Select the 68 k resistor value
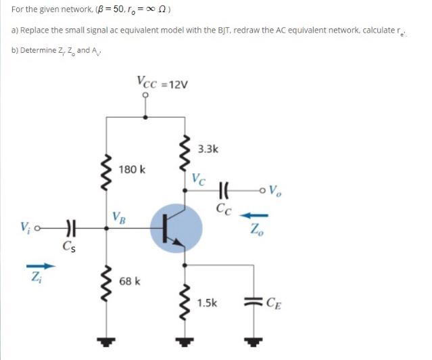[x=129, y=281]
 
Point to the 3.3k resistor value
[x=209, y=150]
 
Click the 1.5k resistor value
[x=208, y=302]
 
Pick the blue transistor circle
[x=176, y=230]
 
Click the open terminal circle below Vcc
[x=146, y=95]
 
